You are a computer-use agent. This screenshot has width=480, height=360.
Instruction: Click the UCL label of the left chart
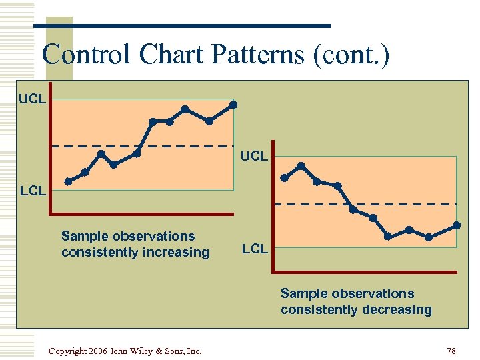[32, 99]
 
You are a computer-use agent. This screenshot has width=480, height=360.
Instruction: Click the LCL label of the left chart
[32, 191]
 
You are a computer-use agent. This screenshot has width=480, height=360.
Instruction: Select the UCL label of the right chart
[254, 156]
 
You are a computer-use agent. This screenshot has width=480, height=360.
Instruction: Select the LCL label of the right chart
[255, 249]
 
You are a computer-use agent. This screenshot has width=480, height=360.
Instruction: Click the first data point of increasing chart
[68, 181]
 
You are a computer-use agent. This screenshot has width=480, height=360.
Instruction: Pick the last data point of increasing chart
[233, 105]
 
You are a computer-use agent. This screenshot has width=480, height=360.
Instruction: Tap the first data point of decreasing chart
[285, 178]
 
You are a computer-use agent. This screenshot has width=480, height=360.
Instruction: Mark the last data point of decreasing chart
[457, 225]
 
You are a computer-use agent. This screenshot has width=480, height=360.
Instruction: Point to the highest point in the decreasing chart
[301, 165]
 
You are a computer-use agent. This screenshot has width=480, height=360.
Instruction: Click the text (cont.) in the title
[351, 54]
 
